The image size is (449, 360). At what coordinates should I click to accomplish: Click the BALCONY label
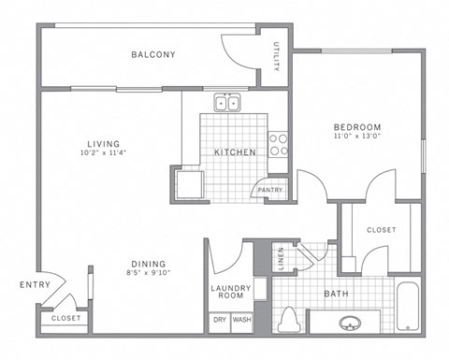153,54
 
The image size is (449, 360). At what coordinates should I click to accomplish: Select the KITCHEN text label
230,151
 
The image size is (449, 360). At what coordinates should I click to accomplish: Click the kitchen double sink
226,104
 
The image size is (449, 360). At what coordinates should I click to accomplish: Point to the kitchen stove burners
278,144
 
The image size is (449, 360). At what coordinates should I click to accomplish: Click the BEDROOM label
358,127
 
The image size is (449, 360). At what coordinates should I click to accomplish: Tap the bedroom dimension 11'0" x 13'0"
358,137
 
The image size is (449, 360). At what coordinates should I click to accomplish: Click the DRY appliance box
220,319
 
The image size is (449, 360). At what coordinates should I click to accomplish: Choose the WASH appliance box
241,319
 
